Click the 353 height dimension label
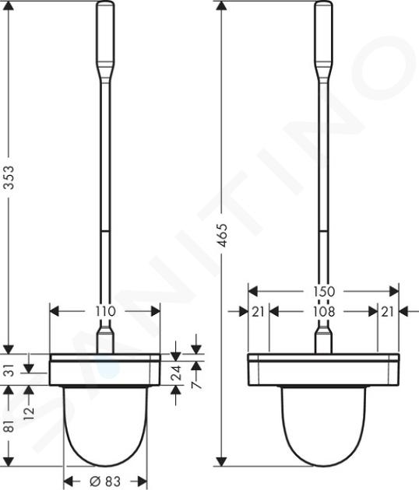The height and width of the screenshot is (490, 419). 10,177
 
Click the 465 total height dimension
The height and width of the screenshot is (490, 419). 223,235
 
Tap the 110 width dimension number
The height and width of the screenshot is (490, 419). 105,311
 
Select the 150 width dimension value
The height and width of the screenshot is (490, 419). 324,292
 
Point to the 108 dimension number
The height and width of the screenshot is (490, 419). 324,312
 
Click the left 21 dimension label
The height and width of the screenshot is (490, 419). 258,312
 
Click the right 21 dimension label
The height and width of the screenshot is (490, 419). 387,312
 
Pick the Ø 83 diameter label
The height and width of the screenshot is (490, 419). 105,481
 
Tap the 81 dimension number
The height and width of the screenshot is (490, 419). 10,425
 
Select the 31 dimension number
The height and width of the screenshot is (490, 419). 10,371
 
